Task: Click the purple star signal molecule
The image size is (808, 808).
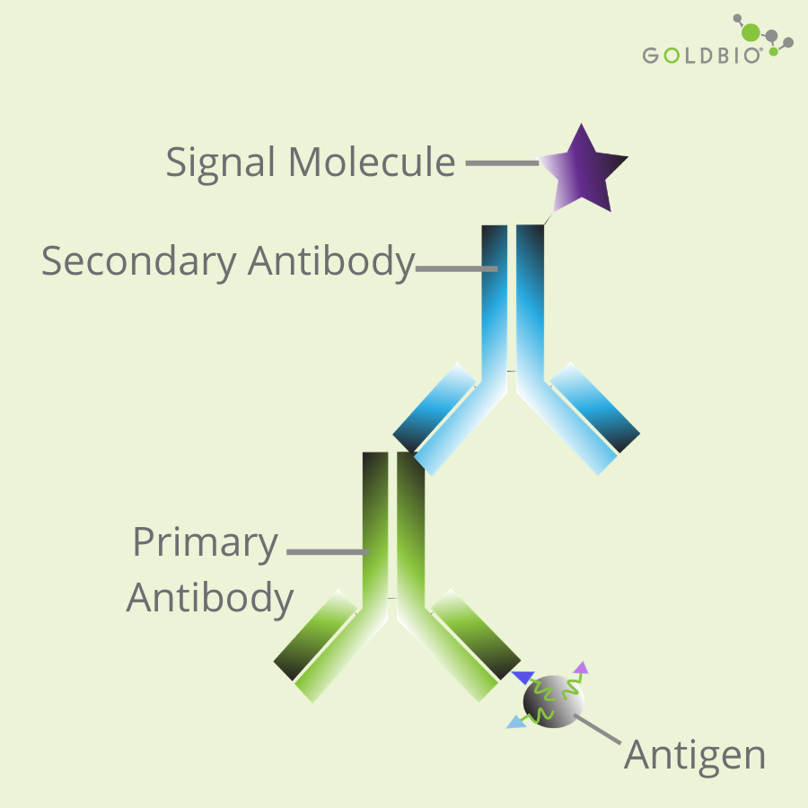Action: point(585,171)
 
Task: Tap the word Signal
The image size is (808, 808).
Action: point(221,162)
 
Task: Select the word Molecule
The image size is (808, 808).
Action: point(372,162)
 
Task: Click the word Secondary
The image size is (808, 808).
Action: point(138,261)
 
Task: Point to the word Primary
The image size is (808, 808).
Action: point(205,543)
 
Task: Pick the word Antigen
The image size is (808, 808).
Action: point(695,755)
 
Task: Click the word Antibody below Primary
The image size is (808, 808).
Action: point(210,597)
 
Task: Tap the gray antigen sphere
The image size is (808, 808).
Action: point(553,700)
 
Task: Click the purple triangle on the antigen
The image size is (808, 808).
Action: point(582,667)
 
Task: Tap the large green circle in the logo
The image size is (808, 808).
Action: point(751,34)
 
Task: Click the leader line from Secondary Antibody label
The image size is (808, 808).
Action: point(456,268)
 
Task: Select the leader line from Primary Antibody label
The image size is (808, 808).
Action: point(328,552)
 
